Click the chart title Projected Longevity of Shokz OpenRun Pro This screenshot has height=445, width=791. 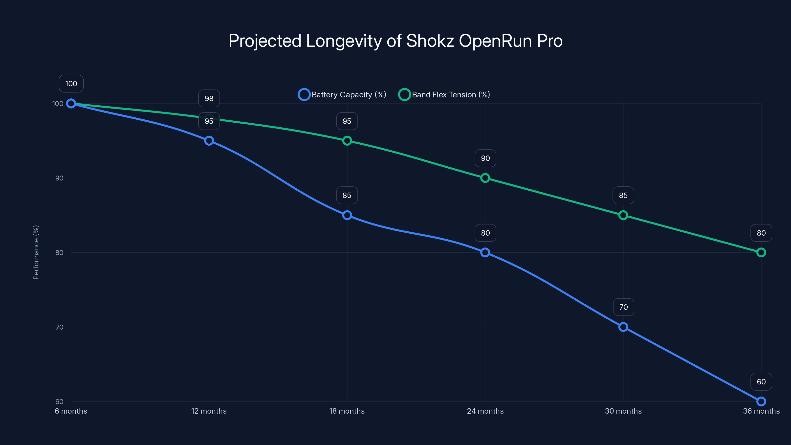(x=395, y=41)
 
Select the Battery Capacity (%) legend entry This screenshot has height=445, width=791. (x=342, y=95)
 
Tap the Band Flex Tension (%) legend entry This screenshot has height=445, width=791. (x=444, y=95)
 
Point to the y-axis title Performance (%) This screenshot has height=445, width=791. (x=36, y=252)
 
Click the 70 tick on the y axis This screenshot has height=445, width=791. (x=59, y=327)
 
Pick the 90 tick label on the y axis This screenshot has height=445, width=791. (x=59, y=178)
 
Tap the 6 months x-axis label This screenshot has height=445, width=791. (x=71, y=411)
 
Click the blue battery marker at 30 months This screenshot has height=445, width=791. (x=623, y=327)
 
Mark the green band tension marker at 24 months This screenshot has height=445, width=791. (x=485, y=178)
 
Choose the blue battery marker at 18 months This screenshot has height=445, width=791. (x=347, y=215)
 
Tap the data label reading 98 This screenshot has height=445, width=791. (x=209, y=99)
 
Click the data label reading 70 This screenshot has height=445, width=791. (x=623, y=307)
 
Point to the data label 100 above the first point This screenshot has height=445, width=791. (x=71, y=84)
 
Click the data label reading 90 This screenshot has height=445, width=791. (x=485, y=158)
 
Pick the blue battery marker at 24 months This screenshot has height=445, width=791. (x=485, y=252)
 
